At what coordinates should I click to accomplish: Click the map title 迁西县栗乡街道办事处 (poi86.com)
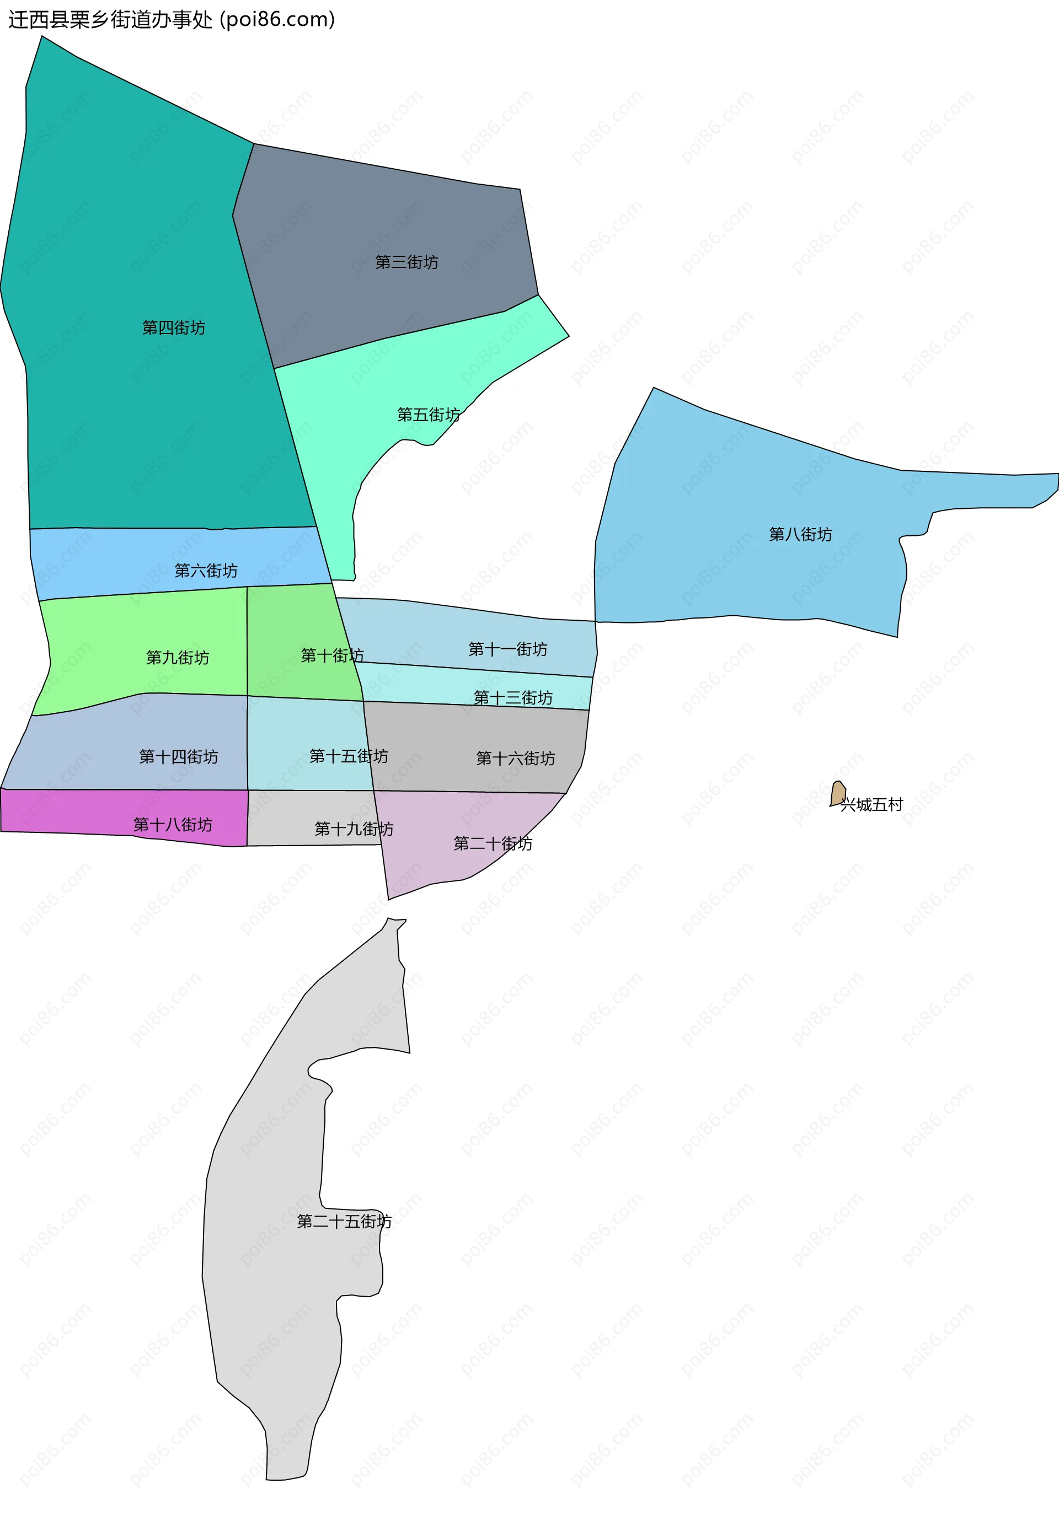coord(172,20)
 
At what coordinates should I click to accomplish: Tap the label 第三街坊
coord(407,262)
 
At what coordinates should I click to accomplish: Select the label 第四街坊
coord(174,327)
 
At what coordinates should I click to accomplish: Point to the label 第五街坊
coord(428,415)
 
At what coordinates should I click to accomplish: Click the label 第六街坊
coord(206,571)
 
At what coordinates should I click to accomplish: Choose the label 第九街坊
coord(177,658)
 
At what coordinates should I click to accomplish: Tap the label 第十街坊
coord(331,655)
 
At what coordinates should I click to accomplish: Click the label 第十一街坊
coord(507,649)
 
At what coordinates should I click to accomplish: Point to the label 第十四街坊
coord(178,757)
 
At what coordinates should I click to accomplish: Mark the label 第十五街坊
coord(348,756)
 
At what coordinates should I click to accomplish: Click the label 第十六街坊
coord(515,758)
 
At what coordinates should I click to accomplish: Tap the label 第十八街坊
coord(173,825)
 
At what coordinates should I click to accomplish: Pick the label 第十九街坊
coord(354,829)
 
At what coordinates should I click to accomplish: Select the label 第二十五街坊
coord(344,1222)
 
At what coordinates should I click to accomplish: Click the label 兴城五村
coord(871,804)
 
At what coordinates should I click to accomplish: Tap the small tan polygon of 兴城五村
coord(838,794)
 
